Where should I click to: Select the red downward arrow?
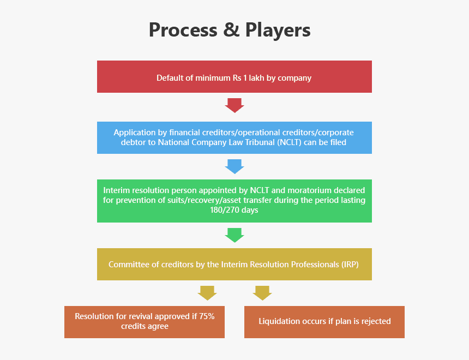coord(234,105)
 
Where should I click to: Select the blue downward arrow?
coord(234,166)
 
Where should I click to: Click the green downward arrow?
coord(234,235)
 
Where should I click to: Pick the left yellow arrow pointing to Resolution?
coord(207,292)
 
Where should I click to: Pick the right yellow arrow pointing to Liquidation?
coord(262,292)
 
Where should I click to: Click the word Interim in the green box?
coord(117,190)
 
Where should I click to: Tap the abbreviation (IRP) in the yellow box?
coord(351,264)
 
